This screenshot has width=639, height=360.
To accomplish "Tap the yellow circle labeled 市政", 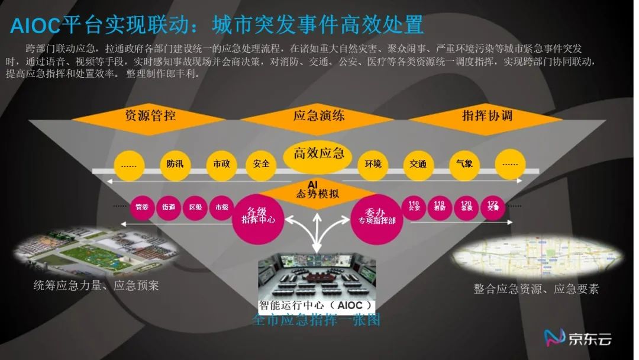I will tap(221, 164).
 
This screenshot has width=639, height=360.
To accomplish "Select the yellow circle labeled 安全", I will tap(261, 164).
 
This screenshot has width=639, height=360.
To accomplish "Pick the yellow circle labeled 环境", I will tap(373, 164).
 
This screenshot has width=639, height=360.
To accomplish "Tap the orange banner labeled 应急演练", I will tap(319, 115).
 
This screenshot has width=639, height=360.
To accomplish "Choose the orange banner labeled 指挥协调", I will tap(487, 115).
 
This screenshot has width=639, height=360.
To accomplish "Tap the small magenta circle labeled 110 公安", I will tap(414, 207).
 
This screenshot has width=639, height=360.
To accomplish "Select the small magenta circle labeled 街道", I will tap(168, 207).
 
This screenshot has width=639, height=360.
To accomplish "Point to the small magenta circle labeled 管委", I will tap(141, 207).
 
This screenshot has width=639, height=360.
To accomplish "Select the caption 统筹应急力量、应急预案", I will tap(96, 286).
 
